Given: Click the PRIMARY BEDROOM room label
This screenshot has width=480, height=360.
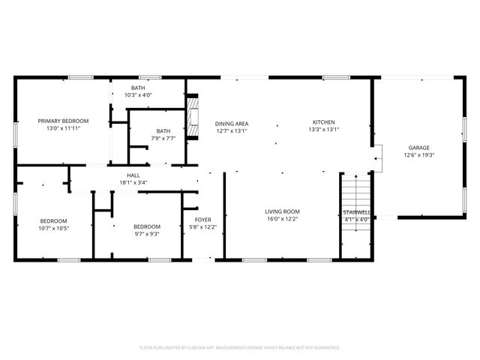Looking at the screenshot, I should tap(64, 121).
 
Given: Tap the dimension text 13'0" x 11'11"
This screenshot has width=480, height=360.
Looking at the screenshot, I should tap(64, 128).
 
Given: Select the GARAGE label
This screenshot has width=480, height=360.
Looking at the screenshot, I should tap(419, 148).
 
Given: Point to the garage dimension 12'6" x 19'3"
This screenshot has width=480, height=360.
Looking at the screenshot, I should tap(419, 155).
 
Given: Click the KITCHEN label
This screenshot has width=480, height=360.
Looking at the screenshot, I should tap(324, 122).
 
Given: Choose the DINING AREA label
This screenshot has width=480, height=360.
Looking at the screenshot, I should tap(232, 124).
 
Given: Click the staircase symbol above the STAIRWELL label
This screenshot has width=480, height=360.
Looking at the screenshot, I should tap(356, 191).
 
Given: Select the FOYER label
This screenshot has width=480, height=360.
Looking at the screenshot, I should tap(202, 220).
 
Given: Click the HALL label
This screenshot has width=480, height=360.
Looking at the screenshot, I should tap(133, 175).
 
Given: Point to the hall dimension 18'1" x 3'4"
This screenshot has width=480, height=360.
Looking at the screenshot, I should tap(133, 182).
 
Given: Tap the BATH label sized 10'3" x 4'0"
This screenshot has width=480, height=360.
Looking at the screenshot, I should tap(138, 88).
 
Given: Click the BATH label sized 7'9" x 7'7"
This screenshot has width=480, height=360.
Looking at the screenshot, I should tap(163, 131).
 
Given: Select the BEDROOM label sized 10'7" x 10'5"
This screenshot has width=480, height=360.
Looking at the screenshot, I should tap(54, 220).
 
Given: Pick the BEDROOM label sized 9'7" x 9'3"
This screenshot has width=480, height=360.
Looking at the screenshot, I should tap(147, 226).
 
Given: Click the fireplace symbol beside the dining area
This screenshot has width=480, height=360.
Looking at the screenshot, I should tap(194, 118).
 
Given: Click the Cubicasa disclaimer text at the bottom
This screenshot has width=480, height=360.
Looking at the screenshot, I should tap(240, 347).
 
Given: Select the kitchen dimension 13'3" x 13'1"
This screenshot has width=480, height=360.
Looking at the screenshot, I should tap(324, 130).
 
